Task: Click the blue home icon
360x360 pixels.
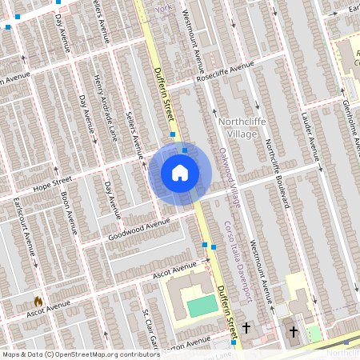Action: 180,173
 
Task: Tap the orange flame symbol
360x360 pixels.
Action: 37,301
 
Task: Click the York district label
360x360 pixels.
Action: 164,9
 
